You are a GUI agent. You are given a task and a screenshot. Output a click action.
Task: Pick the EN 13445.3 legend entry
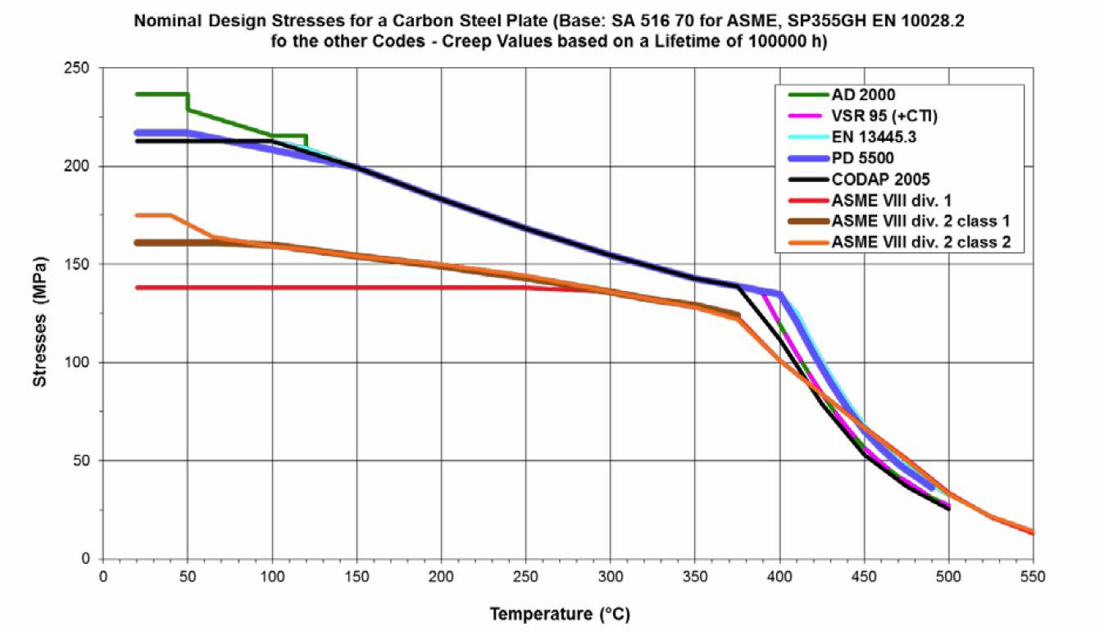click(x=874, y=136)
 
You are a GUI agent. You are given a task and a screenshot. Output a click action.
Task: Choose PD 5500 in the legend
click(x=863, y=157)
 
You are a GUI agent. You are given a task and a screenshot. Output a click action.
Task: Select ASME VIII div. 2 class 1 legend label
click(x=910, y=221)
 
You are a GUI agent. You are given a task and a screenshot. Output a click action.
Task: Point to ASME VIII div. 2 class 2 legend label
click(x=910, y=242)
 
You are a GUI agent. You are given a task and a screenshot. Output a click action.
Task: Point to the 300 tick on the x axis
click(x=610, y=577)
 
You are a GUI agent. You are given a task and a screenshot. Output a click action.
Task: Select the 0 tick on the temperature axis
click(x=103, y=577)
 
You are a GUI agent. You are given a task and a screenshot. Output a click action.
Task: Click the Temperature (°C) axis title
click(x=561, y=613)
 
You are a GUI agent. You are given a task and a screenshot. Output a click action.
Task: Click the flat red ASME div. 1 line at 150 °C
click(x=357, y=288)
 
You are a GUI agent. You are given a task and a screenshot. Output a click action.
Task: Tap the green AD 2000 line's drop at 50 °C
click(x=188, y=102)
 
